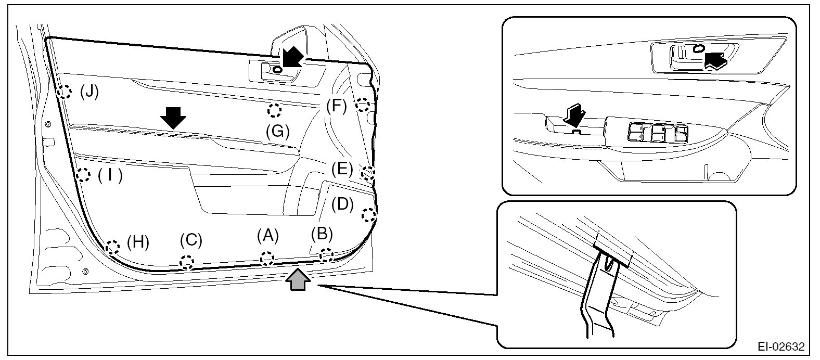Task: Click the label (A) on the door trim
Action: click(x=267, y=236)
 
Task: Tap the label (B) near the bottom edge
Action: click(x=322, y=234)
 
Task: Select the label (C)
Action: click(x=191, y=240)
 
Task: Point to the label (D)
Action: click(x=342, y=204)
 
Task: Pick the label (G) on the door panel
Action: click(x=278, y=132)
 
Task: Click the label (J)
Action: click(x=89, y=92)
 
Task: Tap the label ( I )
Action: click(x=110, y=176)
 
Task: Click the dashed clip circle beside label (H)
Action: click(x=112, y=247)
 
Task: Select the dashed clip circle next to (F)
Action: click(x=363, y=105)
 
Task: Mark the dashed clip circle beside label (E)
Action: click(x=368, y=173)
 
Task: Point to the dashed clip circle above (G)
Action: click(x=274, y=110)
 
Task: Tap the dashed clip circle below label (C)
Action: click(x=187, y=262)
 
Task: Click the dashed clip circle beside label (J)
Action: click(x=64, y=92)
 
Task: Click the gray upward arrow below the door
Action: click(x=298, y=279)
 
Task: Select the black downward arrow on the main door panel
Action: click(x=173, y=118)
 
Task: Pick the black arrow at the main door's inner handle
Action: click(x=293, y=57)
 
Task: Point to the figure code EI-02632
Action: click(x=781, y=346)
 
